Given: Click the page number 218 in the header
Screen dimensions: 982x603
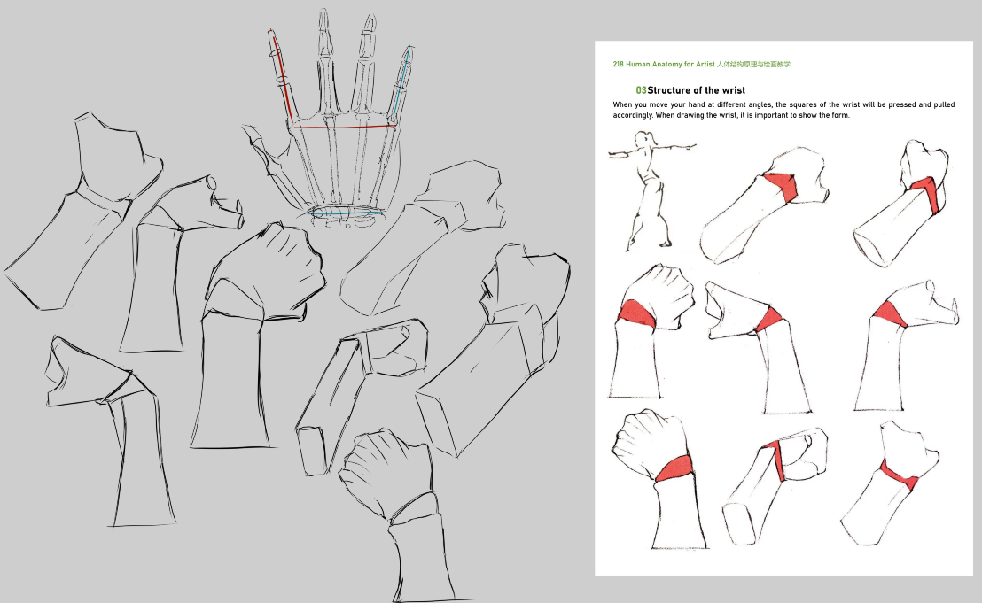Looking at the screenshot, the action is pos(618,65).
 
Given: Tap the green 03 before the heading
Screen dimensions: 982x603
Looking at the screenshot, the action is pos(641,90).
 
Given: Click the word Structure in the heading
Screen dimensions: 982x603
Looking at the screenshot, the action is pos(669,90).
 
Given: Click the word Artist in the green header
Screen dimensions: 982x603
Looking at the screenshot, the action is pos(705,65).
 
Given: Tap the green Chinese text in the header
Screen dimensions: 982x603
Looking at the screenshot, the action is pos(753,65).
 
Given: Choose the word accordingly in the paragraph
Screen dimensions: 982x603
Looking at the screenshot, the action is pos(633,116).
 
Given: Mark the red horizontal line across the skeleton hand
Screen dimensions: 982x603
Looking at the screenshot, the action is pos(344,127).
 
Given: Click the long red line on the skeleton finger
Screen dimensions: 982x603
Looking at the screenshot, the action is pos(281,77).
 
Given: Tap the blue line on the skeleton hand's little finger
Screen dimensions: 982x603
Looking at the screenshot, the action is pos(401,84).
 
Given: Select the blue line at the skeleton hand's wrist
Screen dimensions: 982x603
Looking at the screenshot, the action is pos(347,213).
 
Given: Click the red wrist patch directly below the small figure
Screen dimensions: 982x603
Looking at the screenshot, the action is pos(636,313).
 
